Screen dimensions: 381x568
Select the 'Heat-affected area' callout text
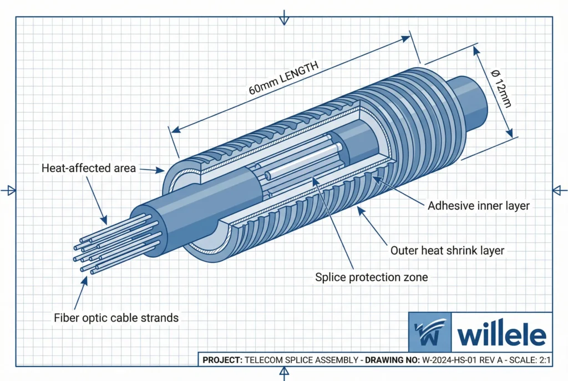pos(89,168)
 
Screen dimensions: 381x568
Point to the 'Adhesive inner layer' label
pos(479,206)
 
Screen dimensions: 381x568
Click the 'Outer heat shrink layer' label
pos(447,251)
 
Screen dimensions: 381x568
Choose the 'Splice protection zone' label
pos(371,277)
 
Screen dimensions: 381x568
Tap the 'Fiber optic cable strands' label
pos(116,318)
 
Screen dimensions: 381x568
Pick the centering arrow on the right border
pos(559,190)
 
